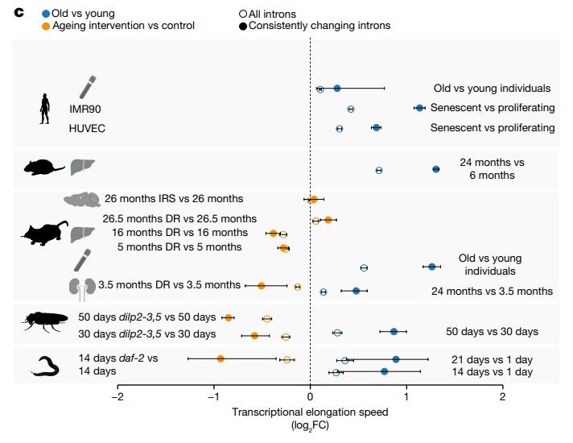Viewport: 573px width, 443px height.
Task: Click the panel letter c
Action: pyautogui.click(x=19, y=13)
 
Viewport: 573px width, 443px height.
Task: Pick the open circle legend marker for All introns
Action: pyautogui.click(x=244, y=14)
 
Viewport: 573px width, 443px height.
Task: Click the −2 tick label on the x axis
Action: pyautogui.click(x=117, y=396)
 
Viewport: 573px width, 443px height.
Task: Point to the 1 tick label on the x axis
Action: pyautogui.click(x=406, y=396)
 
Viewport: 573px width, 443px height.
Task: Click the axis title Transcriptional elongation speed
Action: pyautogui.click(x=310, y=412)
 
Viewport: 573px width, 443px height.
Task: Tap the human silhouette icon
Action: pyautogui.click(x=44, y=108)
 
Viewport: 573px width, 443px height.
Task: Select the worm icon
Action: pyautogui.click(x=47, y=367)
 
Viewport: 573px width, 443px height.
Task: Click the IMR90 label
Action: pyautogui.click(x=85, y=108)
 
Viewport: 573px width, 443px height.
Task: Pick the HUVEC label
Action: pyautogui.click(x=87, y=128)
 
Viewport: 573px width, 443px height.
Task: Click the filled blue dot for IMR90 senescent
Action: pyautogui.click(x=419, y=108)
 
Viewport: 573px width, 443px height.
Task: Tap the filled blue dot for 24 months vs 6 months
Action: pyautogui.click(x=436, y=169)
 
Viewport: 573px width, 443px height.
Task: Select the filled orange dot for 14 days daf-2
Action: pyautogui.click(x=221, y=358)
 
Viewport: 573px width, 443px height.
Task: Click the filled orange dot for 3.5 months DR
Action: pyautogui.click(x=262, y=285)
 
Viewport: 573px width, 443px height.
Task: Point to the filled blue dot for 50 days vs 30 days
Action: pyautogui.click(x=394, y=331)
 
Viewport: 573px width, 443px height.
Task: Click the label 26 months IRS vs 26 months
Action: pyautogui.click(x=173, y=198)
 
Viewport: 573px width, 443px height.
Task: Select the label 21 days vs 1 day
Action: pyautogui.click(x=489, y=359)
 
